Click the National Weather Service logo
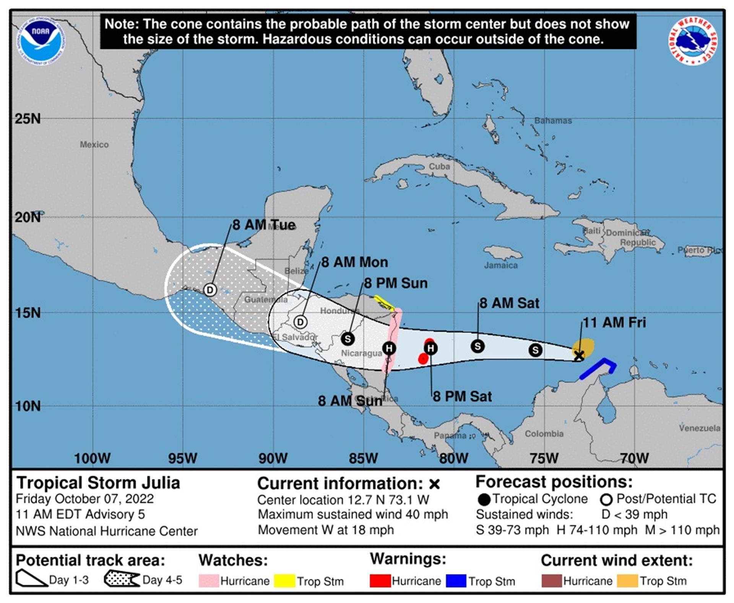coord(692,41)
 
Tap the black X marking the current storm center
coord(579,355)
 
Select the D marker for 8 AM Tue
coord(210,290)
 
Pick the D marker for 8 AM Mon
coord(300,322)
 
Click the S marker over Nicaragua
coord(348,339)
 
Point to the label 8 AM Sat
coord(509,303)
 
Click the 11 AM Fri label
coord(614,323)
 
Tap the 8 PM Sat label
coord(462,396)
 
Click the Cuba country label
coord(439,166)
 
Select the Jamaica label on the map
coord(501,265)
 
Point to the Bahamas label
coord(553,121)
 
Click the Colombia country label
coord(544,434)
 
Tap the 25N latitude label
coord(28,119)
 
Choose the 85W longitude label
coord(363,458)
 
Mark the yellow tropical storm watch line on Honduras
coord(384,303)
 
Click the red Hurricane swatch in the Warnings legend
coord(380,581)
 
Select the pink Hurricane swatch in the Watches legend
coord(209,581)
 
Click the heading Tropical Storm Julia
coord(98,483)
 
